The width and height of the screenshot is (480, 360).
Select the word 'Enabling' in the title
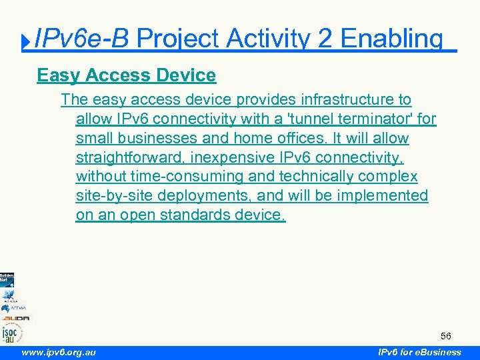click(x=391, y=39)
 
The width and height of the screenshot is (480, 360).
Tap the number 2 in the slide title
click(x=325, y=39)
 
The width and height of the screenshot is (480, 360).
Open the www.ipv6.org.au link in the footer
click(x=58, y=352)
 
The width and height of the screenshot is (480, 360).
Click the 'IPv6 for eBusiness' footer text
click(x=419, y=352)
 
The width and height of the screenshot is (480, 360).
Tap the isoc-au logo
click(x=11, y=332)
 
